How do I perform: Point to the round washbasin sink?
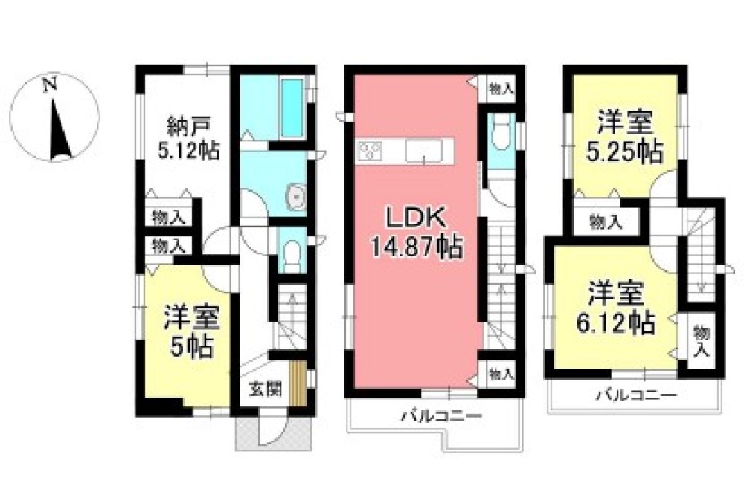(295, 198)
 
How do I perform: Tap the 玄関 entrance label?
(264, 388)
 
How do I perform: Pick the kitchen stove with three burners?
(371, 152)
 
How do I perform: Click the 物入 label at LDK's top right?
(501, 89)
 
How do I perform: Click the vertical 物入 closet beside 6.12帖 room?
(700, 341)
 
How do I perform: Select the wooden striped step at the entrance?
(298, 383)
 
